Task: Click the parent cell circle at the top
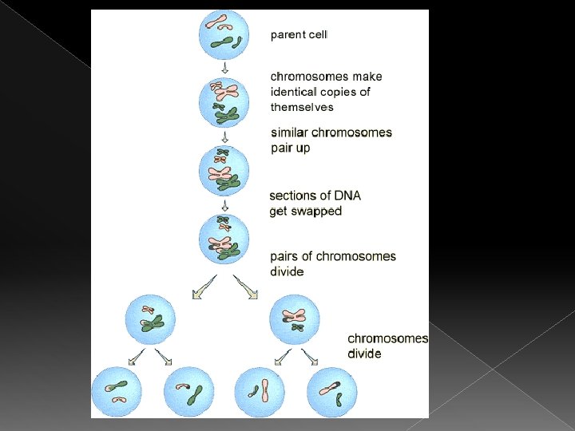224,34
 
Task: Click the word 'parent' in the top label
287,34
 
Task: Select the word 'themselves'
302,107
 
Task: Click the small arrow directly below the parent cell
224,68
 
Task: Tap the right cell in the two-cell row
295,318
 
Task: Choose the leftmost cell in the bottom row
117,391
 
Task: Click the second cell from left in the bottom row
188,391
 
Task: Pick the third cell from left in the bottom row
259,391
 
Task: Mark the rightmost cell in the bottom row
331,391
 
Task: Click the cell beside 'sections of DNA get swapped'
224,237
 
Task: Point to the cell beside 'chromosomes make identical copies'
224,101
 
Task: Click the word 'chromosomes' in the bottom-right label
387,338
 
